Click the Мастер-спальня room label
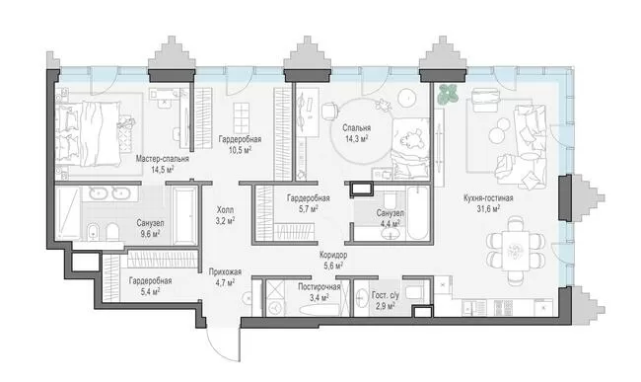[x=163, y=159]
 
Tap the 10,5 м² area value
[x=240, y=150]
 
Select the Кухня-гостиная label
[x=488, y=198]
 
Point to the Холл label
[x=225, y=210]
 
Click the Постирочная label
[x=319, y=286]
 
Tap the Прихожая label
[x=225, y=272]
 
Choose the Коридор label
[x=333, y=256]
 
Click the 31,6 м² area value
[x=488, y=209]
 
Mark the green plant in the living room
[x=448, y=94]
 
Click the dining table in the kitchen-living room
[x=516, y=251]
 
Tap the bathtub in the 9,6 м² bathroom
[x=183, y=216]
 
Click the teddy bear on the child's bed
[x=411, y=140]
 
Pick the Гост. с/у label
[x=385, y=295]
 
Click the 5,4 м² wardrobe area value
[x=150, y=291]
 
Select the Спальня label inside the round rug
[x=357, y=128]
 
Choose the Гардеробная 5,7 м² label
[x=309, y=203]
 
